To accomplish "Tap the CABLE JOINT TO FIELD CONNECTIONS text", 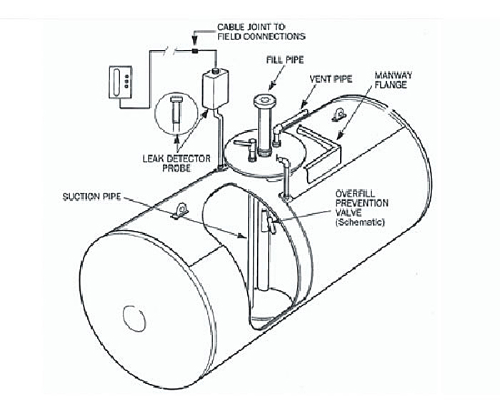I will [261, 31].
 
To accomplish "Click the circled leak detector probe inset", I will [172, 114].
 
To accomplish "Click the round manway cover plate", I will [258, 154].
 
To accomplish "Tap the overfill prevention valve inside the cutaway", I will [269, 222].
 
